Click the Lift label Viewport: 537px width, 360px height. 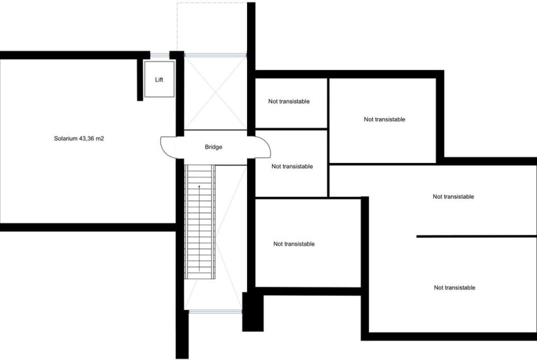tap(159, 80)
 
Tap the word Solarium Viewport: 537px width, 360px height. tap(66, 138)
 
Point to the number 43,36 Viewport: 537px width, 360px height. tap(87, 138)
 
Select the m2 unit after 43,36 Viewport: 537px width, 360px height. tap(100, 138)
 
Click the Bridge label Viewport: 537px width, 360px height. tap(214, 147)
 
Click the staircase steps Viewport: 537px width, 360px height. tap(200, 222)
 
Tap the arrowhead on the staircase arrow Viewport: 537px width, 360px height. tap(199, 187)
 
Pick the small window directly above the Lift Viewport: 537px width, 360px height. tap(160, 55)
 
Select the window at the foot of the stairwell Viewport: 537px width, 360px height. tap(215, 311)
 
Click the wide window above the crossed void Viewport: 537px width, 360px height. tap(215, 55)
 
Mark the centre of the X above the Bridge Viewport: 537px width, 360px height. tap(215, 92)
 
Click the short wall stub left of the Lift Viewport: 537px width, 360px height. tap(140, 80)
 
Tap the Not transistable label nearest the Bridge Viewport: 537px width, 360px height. tap(292, 167)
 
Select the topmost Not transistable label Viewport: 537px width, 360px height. tap(289, 102)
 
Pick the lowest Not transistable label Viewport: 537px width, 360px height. tap(454, 288)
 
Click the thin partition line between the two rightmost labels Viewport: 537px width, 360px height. tap(476, 236)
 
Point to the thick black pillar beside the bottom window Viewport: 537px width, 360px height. tap(253, 312)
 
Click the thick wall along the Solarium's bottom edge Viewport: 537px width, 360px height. tap(88, 227)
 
